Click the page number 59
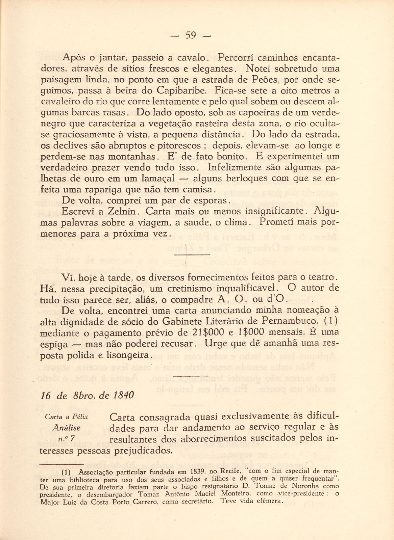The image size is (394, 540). (x=191, y=35)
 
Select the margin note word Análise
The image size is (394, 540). (x=67, y=428)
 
